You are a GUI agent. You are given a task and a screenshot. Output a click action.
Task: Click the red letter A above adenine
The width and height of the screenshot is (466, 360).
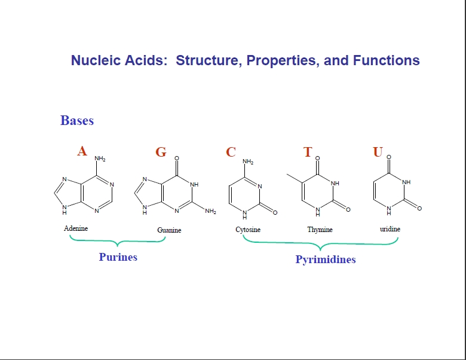pos(82,151)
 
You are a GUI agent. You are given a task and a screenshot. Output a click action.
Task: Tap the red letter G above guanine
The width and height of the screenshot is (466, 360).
pos(161,152)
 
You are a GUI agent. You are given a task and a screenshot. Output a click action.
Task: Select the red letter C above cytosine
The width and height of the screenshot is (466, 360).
pos(231,152)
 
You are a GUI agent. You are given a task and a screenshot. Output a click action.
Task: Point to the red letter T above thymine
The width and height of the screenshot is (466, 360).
pos(308,152)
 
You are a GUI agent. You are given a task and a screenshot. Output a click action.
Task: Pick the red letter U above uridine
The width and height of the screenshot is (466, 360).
pos(378,152)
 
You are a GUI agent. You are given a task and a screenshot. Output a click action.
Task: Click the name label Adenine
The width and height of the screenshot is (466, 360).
pos(76,228)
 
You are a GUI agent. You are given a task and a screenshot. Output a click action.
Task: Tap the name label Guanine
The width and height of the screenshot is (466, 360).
pos(169,230)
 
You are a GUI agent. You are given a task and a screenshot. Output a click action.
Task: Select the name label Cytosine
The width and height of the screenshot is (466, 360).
pos(248,230)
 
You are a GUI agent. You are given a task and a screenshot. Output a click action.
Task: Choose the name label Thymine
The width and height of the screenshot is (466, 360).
pos(320,230)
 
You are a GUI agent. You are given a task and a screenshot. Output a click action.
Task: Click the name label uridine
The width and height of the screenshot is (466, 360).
pos(390,229)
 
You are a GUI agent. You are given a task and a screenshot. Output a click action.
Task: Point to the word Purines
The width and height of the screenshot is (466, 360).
pos(118,257)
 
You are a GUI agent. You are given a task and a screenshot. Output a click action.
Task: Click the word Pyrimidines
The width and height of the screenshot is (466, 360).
pos(326,260)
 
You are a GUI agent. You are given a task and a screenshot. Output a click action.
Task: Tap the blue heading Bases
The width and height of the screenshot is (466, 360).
pos(77,120)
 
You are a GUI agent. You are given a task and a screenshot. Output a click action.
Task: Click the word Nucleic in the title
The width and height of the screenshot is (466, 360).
pos(96,60)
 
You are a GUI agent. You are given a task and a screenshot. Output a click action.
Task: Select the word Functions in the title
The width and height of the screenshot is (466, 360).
pos(387,60)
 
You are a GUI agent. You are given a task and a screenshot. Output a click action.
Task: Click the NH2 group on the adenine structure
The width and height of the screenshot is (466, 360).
pos(100,158)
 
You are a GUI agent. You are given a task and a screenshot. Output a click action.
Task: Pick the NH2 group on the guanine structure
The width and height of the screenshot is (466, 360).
pos(210,211)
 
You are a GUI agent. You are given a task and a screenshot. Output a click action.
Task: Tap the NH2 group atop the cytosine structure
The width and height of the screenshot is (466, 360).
pos(248,161)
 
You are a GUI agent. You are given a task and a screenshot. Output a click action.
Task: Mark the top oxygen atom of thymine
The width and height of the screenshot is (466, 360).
pos(317,158)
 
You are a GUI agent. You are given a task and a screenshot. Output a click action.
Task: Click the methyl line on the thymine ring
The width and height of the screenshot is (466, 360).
pos(295,178)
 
